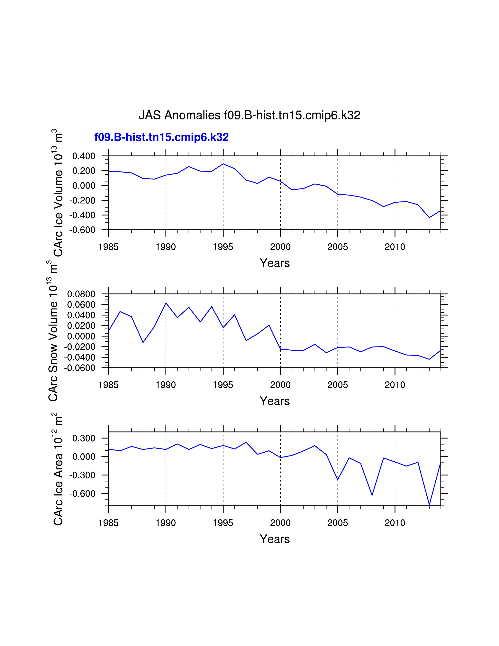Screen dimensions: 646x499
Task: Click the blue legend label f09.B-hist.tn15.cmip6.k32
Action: [x=161, y=137]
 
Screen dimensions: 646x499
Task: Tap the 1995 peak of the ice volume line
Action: [x=223, y=164]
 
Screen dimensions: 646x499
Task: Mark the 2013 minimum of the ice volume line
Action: [x=429, y=217]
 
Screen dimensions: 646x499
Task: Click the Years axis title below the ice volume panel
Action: [x=275, y=263]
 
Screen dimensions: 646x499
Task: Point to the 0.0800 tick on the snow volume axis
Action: [x=81, y=294]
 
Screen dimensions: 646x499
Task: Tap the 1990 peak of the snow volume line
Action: [x=166, y=303]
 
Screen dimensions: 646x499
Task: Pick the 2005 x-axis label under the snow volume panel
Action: [x=338, y=385]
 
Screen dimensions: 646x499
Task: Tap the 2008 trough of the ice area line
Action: [x=372, y=495]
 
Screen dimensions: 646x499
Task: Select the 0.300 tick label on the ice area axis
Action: [x=84, y=438]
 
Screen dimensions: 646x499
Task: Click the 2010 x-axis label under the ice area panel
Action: [x=395, y=523]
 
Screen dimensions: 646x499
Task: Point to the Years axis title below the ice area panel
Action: [x=275, y=539]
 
